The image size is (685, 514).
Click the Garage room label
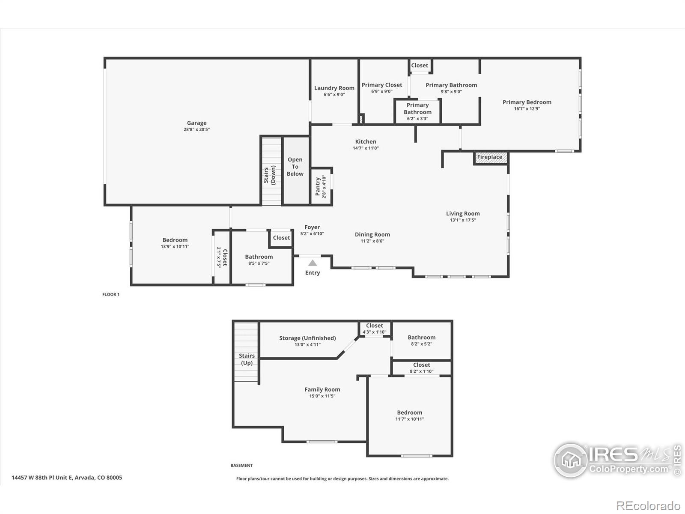click(197, 123)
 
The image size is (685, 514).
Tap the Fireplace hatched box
click(491, 157)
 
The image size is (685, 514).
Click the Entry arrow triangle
click(313, 263)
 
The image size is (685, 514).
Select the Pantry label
click(318, 187)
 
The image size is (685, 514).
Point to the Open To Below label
click(295, 167)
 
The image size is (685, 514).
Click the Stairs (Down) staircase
click(271, 171)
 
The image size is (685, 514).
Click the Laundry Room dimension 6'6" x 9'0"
click(334, 95)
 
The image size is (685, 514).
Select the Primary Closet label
click(381, 85)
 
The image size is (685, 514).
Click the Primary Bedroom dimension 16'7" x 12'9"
click(527, 109)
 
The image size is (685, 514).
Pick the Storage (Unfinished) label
click(307, 338)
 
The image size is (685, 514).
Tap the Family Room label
click(322, 389)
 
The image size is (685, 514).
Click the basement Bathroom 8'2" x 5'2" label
click(421, 338)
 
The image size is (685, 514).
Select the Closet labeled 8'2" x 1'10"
click(421, 368)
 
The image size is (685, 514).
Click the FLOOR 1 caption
click(111, 295)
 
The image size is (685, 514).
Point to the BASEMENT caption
click(241, 465)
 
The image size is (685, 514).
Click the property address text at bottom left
click(67, 478)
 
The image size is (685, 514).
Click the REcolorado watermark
click(648, 506)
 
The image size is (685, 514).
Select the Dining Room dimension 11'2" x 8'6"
click(372, 241)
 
